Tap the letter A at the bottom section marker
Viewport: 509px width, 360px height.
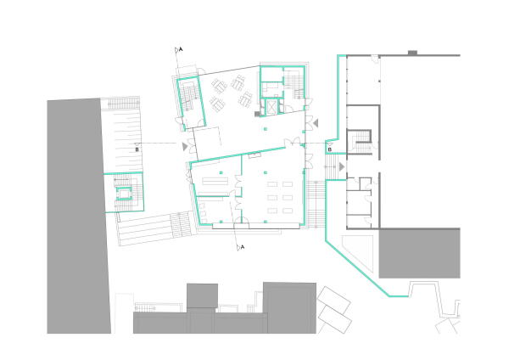pos(243,246)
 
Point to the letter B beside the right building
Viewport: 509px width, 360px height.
pos(329,149)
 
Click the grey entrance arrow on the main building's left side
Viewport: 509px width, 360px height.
pos(184,146)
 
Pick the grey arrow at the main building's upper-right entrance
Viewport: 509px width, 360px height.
pos(315,124)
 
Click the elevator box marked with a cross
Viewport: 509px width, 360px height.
pos(271,107)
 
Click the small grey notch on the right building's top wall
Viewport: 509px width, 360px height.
pos(411,53)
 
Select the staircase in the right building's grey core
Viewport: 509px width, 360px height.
pos(361,139)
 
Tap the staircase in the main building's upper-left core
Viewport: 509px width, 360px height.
pos(188,95)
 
